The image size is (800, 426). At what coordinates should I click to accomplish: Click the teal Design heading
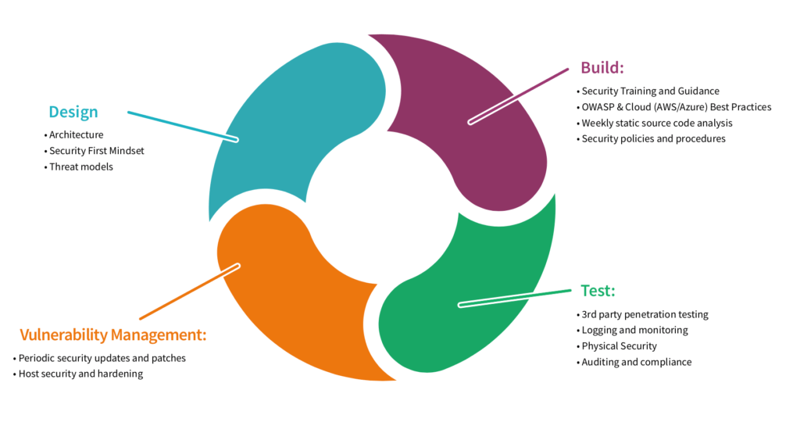(x=73, y=112)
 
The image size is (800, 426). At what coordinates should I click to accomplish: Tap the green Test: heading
(x=598, y=291)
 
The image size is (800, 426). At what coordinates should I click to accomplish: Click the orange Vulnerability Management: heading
(x=113, y=335)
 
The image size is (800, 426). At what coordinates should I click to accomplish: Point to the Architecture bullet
(x=76, y=135)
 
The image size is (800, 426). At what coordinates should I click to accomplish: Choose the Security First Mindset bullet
(x=96, y=151)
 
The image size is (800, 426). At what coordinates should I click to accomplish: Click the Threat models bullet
(x=81, y=166)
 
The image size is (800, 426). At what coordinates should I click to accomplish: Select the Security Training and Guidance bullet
(x=650, y=91)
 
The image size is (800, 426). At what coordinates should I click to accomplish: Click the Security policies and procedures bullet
(x=653, y=138)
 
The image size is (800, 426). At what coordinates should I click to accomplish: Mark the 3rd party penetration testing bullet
(x=645, y=314)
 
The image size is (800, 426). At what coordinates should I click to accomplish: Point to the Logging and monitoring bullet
(x=634, y=330)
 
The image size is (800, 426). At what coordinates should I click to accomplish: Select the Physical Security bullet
(x=619, y=345)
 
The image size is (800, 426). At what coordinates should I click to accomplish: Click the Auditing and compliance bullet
(x=636, y=362)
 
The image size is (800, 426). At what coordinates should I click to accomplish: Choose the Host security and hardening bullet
(x=80, y=374)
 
